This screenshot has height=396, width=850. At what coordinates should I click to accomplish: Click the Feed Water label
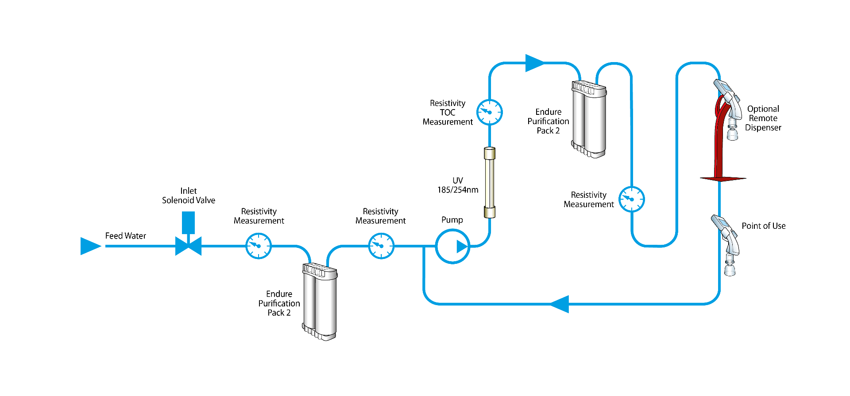[125, 236]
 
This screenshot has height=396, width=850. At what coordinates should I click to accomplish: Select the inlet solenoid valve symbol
[189, 245]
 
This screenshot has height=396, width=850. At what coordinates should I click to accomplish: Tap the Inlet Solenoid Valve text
[189, 196]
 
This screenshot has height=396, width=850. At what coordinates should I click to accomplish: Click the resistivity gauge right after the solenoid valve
[259, 246]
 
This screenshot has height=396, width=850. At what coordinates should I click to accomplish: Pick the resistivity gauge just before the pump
[381, 246]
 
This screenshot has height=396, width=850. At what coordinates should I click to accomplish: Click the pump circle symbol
[452, 247]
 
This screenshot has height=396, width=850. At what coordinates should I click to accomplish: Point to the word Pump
[452, 220]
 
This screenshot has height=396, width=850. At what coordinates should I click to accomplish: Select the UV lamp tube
[489, 183]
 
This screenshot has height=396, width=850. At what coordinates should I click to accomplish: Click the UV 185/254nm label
[458, 185]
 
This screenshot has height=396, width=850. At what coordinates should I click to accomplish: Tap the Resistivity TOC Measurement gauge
[489, 112]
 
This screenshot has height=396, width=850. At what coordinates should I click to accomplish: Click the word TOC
[448, 113]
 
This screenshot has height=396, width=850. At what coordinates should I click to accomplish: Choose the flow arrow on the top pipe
[534, 63]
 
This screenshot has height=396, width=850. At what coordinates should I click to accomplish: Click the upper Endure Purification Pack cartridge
[589, 119]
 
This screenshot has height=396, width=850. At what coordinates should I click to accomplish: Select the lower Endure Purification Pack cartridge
[320, 302]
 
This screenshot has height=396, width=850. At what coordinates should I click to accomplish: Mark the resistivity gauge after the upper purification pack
[631, 200]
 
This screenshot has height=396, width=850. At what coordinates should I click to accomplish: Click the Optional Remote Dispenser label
[763, 118]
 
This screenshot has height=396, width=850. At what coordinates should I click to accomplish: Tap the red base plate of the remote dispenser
[723, 179]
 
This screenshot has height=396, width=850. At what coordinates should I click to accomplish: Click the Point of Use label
[764, 226]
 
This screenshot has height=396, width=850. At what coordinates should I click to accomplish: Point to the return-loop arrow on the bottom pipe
[560, 304]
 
